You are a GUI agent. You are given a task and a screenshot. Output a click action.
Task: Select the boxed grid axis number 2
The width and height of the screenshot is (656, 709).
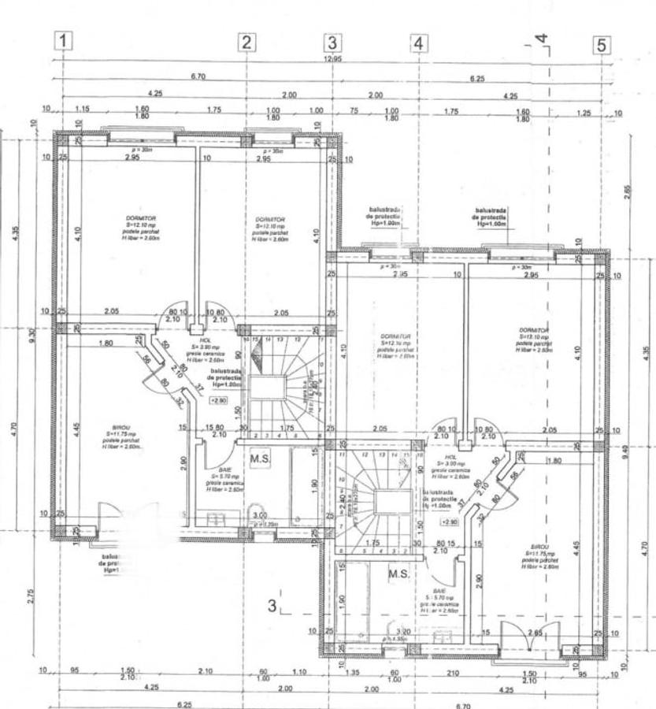(246, 43)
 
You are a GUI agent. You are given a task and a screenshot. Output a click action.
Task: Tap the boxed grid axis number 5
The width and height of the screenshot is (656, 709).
(602, 45)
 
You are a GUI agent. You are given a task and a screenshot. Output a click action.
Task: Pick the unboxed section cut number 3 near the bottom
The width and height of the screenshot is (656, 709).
(272, 606)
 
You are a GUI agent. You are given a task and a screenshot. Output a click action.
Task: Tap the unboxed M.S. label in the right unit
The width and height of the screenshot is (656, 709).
(398, 574)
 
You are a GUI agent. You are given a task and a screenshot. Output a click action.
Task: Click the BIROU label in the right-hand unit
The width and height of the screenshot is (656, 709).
(539, 546)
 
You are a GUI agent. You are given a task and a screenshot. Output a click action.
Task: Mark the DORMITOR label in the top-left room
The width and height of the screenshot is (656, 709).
(139, 218)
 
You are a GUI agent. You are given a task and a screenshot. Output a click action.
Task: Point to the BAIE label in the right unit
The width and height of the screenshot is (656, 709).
(439, 590)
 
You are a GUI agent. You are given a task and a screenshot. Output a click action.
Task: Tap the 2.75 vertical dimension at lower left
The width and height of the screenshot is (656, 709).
(31, 596)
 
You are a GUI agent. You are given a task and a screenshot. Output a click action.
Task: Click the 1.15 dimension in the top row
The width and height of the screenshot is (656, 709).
(81, 110)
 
